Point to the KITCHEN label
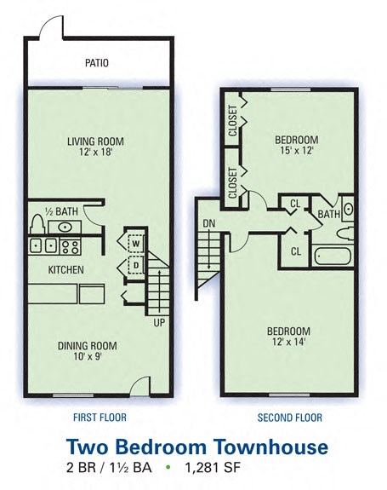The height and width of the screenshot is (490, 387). (65, 270)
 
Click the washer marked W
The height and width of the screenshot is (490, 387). (135, 242)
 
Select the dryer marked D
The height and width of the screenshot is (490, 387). (135, 266)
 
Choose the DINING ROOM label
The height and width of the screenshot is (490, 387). (87, 346)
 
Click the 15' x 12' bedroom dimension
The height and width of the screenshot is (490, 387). (296, 151)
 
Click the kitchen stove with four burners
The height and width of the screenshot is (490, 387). (71, 246)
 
